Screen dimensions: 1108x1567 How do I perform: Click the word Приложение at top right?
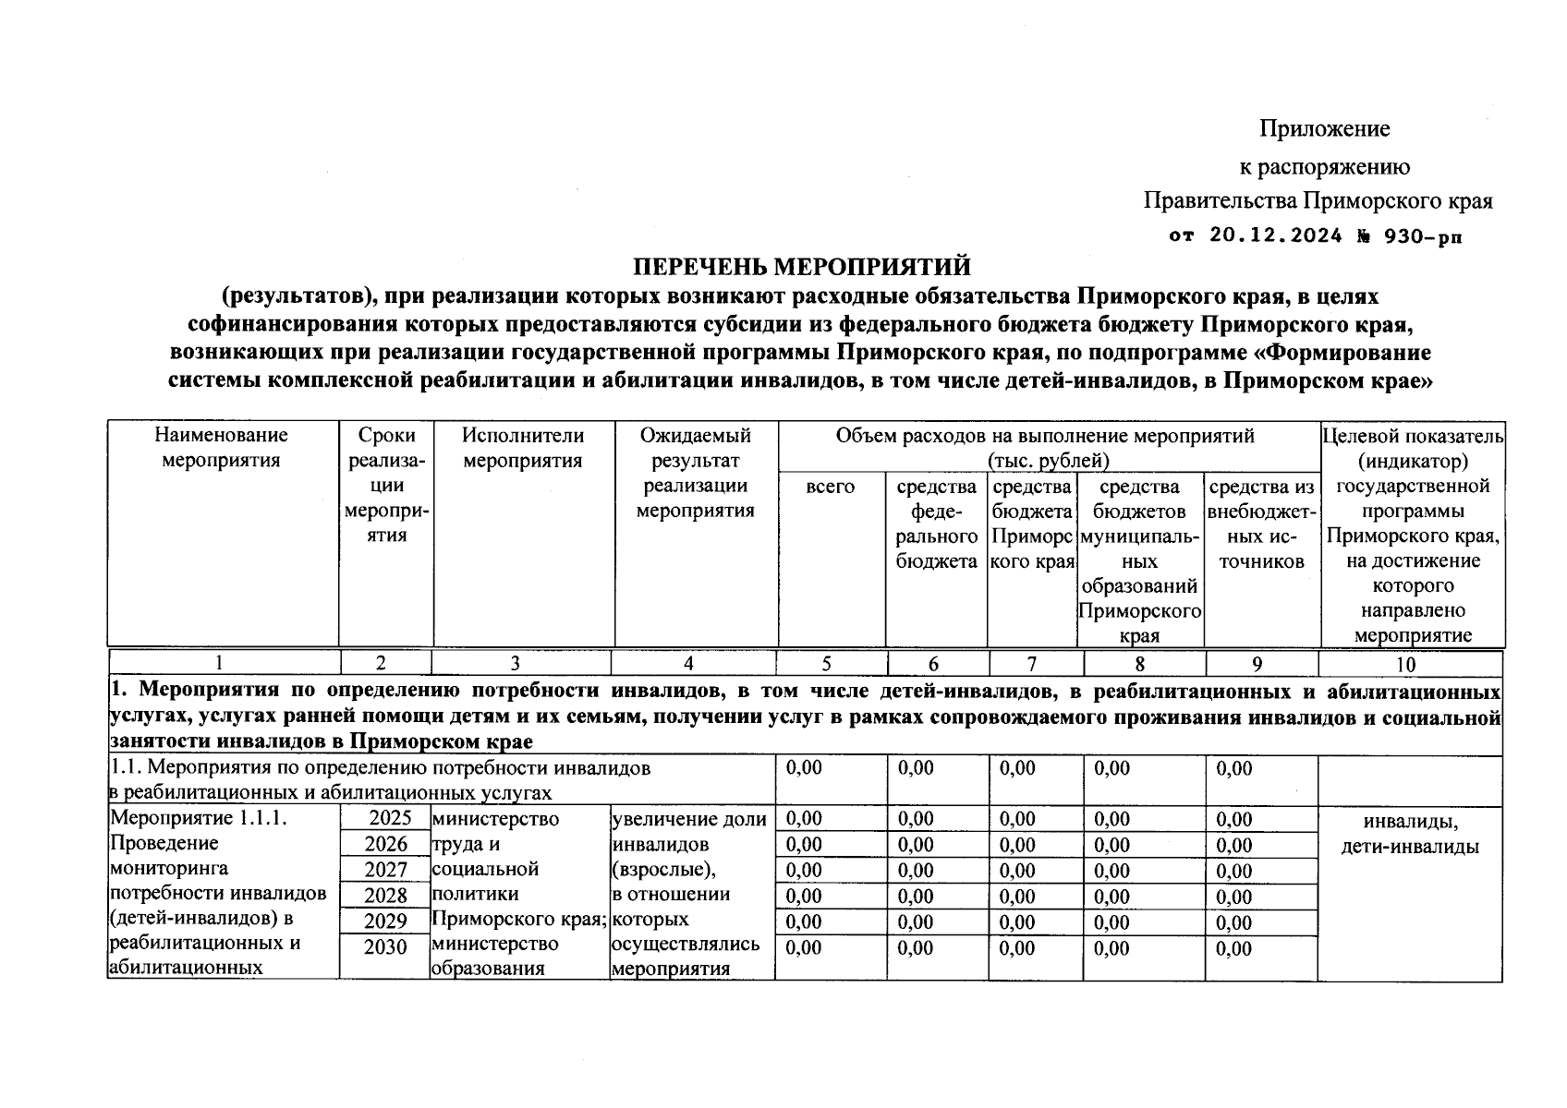[1324, 128]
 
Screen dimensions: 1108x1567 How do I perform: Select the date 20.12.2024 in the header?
[1274, 235]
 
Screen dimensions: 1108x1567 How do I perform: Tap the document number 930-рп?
[1424, 235]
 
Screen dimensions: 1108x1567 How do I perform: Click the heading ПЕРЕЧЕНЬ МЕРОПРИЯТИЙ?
[801, 267]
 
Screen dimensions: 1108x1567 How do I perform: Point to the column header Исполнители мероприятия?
[523, 448]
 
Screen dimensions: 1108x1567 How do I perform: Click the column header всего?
[830, 487]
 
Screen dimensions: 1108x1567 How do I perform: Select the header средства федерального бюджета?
[936, 524]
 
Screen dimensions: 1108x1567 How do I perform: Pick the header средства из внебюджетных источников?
[1261, 524]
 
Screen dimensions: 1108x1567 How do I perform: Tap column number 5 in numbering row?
[826, 664]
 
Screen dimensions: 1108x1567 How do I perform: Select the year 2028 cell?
[385, 896]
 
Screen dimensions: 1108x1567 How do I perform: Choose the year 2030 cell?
[385, 947]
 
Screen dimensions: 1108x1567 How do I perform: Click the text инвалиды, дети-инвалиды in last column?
[1410, 834]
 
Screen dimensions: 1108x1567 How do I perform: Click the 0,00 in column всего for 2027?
[803, 871]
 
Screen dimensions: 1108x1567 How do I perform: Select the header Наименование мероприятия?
[221, 448]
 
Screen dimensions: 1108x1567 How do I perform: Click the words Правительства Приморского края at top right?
[1318, 200]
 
